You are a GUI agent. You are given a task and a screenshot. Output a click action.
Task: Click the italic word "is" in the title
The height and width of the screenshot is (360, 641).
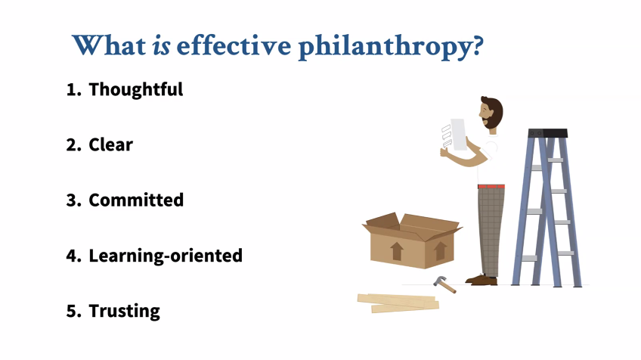click(162, 45)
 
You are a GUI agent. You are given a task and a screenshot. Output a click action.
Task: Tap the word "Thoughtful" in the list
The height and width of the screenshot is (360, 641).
click(136, 89)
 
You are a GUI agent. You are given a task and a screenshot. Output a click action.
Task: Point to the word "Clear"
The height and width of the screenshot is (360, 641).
click(111, 144)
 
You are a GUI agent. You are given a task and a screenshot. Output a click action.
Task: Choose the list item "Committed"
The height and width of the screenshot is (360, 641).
click(136, 200)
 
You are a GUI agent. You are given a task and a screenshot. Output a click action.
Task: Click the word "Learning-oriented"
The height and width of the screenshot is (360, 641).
click(166, 256)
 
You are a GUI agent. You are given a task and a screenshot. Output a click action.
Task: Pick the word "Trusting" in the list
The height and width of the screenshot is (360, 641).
click(124, 311)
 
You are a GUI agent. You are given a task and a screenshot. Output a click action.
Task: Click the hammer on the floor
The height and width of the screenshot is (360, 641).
click(444, 284)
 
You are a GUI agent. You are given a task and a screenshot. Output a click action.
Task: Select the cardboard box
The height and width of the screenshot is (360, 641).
click(412, 241)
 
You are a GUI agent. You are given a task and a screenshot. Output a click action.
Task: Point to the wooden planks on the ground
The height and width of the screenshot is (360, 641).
click(398, 303)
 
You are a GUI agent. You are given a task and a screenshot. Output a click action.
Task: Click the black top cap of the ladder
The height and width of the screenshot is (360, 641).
click(548, 133)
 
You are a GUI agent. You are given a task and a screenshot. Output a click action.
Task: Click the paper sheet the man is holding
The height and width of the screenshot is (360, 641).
click(458, 135)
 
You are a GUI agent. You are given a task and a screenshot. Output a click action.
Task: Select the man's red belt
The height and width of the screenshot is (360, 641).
click(491, 187)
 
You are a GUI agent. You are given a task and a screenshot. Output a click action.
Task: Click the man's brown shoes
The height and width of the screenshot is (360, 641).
click(482, 280)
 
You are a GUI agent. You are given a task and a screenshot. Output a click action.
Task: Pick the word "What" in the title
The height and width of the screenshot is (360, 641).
click(109, 45)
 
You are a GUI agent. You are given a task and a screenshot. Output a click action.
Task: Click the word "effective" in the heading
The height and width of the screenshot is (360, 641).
click(234, 45)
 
